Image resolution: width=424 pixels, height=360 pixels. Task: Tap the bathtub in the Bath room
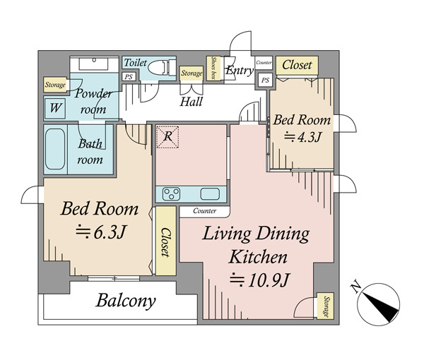click(x=55, y=149)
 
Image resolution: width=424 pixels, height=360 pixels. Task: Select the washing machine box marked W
click(x=55, y=108)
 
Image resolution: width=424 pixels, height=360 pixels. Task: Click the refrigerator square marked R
click(x=167, y=137)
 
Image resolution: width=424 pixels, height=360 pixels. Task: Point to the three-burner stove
click(x=171, y=194)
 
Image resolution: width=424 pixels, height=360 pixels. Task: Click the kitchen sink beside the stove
click(x=210, y=194)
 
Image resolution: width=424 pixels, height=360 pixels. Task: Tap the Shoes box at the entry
click(x=213, y=68)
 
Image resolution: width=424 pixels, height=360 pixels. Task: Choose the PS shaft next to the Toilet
click(x=129, y=77)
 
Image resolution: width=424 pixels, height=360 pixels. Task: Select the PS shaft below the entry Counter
click(x=265, y=80)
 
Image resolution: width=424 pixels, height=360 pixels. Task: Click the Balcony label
click(x=126, y=301)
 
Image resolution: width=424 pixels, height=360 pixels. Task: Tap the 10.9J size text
click(x=260, y=280)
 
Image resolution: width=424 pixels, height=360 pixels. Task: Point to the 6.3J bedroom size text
click(x=100, y=232)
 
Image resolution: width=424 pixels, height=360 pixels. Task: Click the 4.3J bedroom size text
click(x=303, y=137)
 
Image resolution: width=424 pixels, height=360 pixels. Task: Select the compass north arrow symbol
click(x=378, y=304)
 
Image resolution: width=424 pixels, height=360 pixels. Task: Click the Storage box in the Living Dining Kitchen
click(x=325, y=306)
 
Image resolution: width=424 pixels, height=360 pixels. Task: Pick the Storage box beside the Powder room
click(x=55, y=85)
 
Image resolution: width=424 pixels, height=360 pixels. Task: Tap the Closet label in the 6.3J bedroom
click(x=165, y=242)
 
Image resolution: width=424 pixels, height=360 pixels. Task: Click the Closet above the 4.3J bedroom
click(x=297, y=65)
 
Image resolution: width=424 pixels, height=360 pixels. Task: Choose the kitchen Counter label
click(x=205, y=210)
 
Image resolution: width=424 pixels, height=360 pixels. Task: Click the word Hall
click(x=192, y=102)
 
